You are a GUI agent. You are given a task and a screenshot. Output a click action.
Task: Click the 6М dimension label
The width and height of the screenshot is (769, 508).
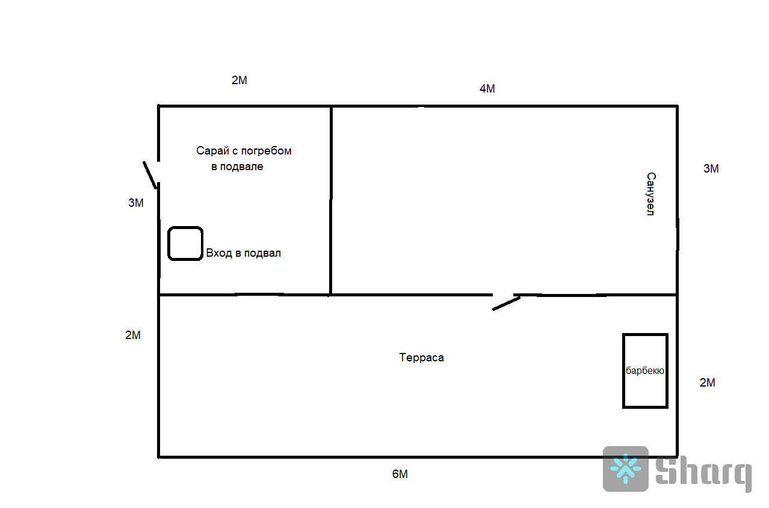coord(400,474)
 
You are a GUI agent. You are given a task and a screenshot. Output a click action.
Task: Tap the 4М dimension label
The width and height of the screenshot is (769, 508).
coord(487,89)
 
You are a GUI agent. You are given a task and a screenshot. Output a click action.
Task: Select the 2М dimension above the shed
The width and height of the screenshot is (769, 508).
coord(239,81)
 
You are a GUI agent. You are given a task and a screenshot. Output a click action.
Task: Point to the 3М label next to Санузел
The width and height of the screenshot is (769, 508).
coord(711,169)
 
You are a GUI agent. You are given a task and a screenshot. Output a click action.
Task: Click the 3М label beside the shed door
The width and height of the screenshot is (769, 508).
coord(136,203)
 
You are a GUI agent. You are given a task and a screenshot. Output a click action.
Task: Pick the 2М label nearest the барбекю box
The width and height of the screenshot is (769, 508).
coord(708,383)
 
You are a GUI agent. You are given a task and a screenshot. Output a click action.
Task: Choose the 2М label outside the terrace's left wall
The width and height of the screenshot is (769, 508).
coord(133,335)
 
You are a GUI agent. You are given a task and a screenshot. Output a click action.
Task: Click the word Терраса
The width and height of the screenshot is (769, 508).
coord(421,358)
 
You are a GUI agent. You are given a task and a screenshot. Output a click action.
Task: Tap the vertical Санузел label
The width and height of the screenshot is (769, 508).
coord(650,194)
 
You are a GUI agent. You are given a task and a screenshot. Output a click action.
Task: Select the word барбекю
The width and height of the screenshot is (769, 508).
coord(645,371)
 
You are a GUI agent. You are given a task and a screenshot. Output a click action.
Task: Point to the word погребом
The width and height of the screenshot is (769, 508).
coord(266,151)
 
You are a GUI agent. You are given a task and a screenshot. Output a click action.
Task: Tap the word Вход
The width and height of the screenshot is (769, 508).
coord(218,253)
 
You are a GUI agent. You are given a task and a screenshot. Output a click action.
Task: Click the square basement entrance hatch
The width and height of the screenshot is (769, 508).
coord(185,243)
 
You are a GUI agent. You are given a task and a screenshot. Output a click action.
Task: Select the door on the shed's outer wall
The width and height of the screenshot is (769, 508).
coord(150,174)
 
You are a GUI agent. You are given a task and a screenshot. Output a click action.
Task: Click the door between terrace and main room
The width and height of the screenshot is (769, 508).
coord(506,303)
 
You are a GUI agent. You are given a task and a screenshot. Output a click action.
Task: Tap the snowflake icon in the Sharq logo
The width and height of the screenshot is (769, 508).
coord(626,469)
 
